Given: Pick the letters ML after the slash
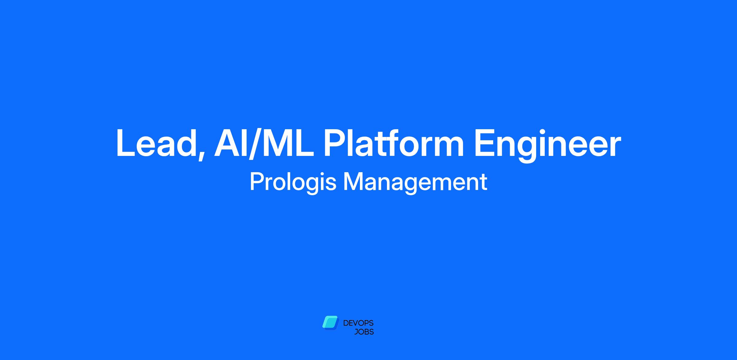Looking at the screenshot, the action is pos(288,143).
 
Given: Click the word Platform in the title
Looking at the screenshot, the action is pos(393,143).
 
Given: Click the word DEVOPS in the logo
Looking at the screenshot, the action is pos(358,323).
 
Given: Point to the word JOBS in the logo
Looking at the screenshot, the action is pos(364,332).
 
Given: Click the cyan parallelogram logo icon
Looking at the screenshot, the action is pos(330,323).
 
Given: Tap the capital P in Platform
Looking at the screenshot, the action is pos(335,143).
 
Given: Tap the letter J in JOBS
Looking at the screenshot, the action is pos(356,332).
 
